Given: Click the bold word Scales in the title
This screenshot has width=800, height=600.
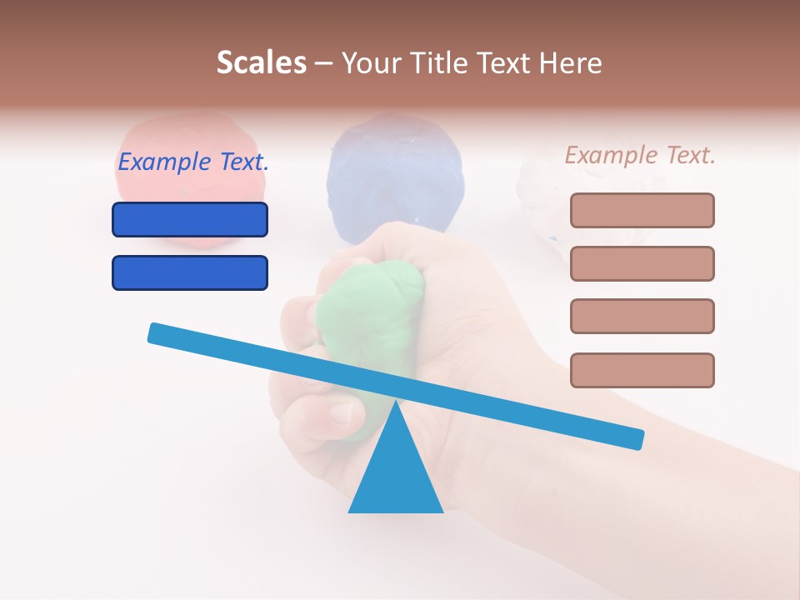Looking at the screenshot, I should click(x=261, y=63).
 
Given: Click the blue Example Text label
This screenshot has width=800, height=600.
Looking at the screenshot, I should click(x=193, y=162).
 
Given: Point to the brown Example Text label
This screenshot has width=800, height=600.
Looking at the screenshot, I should click(x=640, y=155).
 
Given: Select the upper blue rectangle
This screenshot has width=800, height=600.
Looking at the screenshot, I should click(x=190, y=219).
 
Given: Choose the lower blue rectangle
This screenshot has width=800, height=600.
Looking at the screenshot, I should click(x=190, y=272).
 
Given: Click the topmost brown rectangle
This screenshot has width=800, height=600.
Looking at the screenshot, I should click(x=642, y=210).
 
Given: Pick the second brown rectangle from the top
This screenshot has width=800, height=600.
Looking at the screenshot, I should click(x=642, y=263).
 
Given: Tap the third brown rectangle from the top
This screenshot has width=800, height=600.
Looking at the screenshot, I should click(x=642, y=316).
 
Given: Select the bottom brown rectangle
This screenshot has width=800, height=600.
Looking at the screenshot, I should click(x=642, y=370).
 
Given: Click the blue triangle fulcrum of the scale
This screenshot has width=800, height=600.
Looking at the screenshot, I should click(x=396, y=475).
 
